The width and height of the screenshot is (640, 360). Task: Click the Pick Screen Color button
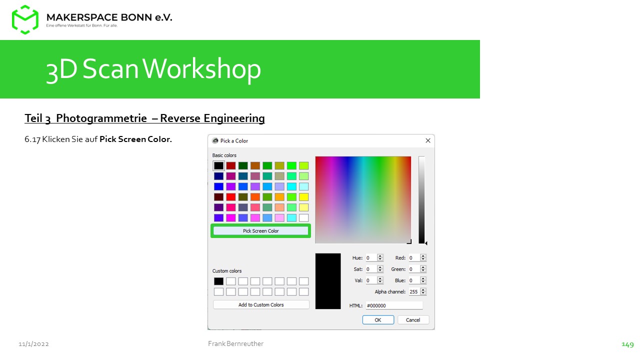click(260, 231)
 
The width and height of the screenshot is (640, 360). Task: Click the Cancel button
click(413, 320)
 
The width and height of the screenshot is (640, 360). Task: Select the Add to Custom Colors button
click(261, 305)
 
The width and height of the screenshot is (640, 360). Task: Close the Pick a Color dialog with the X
click(427, 140)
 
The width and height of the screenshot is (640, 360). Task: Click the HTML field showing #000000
click(394, 305)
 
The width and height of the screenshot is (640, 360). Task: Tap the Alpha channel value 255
click(413, 291)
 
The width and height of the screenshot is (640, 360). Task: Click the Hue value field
click(371, 258)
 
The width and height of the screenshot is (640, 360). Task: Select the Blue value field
click(414, 280)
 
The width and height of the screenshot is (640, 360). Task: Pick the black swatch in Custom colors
click(218, 281)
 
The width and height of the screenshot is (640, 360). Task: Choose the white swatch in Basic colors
click(303, 218)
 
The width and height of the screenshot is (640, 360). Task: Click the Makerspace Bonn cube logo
click(25, 19)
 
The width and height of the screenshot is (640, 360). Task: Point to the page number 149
click(627, 344)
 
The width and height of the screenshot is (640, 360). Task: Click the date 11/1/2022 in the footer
click(33, 344)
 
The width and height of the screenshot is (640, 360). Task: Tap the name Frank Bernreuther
click(235, 343)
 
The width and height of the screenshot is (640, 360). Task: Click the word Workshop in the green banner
click(201, 69)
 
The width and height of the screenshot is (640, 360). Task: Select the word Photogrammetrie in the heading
click(101, 118)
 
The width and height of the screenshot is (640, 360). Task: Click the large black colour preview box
click(328, 281)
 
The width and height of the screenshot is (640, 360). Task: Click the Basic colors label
click(224, 155)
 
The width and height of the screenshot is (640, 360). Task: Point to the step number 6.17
click(32, 139)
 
